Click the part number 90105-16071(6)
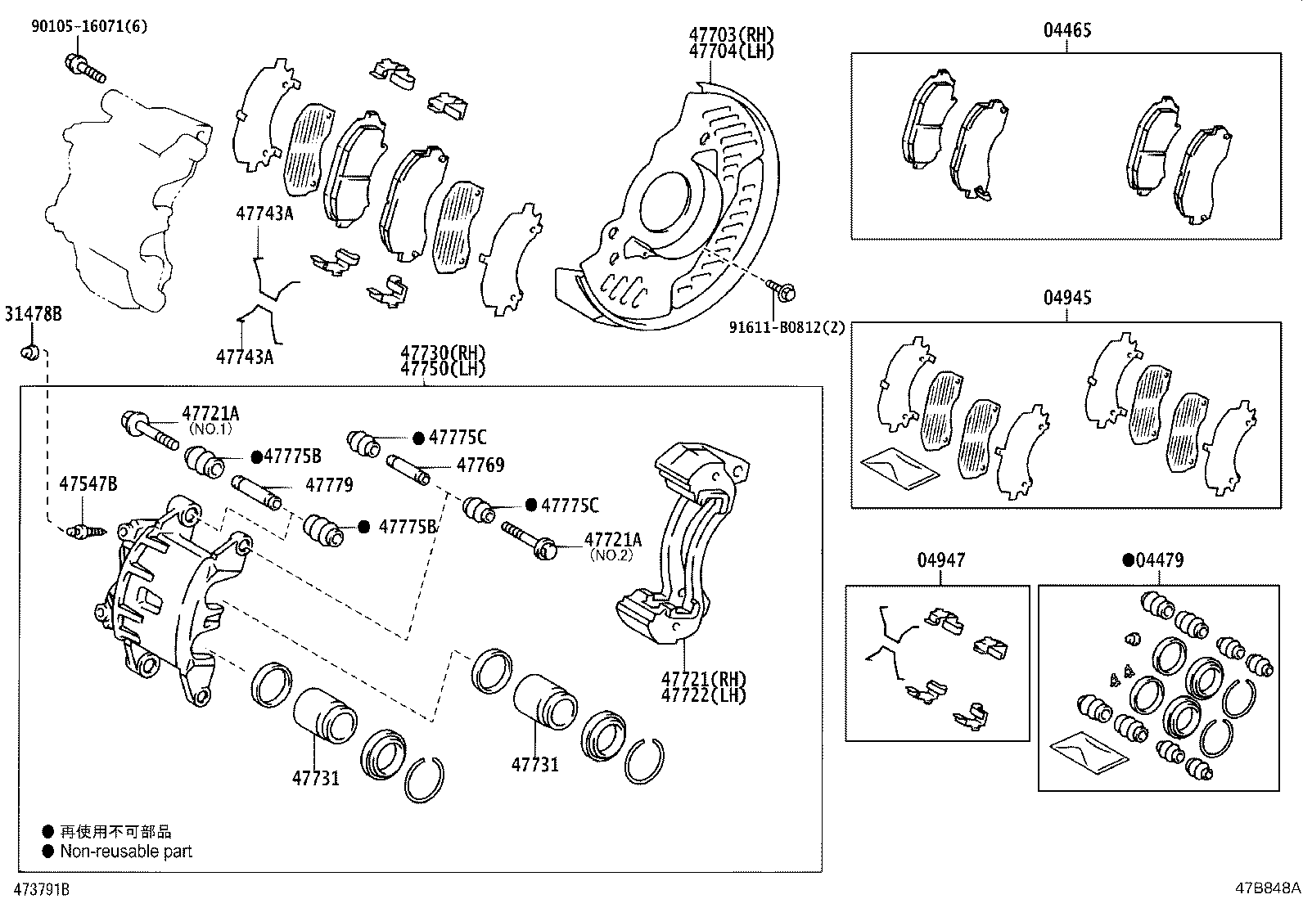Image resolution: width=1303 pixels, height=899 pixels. [x=89, y=26]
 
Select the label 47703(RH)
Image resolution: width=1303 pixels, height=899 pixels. [x=731, y=34]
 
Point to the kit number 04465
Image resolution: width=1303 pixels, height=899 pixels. [x=1067, y=31]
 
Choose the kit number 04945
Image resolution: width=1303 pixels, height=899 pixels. [x=1067, y=298]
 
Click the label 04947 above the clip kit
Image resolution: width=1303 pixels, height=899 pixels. [x=940, y=560]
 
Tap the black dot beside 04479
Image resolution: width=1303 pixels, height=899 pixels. [x=1128, y=560]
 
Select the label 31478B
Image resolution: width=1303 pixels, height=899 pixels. [x=34, y=313]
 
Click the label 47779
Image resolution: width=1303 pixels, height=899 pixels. [x=329, y=485]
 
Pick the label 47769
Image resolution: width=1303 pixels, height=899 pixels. [x=480, y=465]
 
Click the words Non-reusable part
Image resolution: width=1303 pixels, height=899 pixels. [x=126, y=852]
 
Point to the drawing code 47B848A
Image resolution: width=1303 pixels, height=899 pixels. [x=1268, y=888]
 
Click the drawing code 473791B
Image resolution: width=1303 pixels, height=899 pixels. [x=35, y=888]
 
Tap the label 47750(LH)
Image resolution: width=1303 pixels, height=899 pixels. [x=443, y=368]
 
